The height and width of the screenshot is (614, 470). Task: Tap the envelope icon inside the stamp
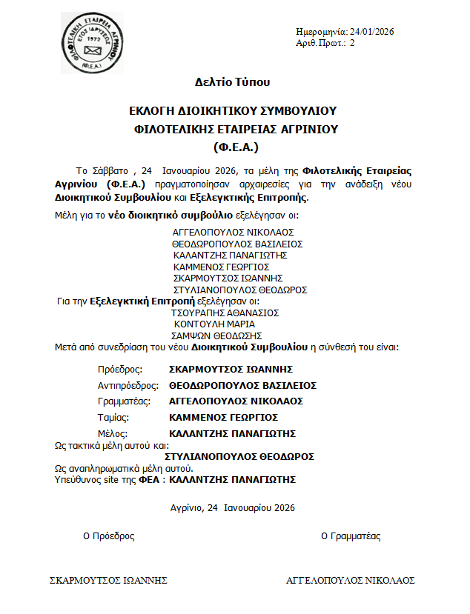tap(93, 50)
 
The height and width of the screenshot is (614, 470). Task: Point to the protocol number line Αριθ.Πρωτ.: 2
tap(325, 43)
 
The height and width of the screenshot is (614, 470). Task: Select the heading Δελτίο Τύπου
tap(232, 82)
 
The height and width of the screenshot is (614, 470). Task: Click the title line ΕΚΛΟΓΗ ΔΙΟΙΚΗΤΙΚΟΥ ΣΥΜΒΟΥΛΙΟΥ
tap(232, 111)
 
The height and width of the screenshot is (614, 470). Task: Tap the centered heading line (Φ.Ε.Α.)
tap(232, 146)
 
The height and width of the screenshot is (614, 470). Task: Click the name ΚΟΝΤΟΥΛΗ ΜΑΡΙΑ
tap(214, 324)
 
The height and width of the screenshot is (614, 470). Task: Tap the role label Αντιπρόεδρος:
tap(128, 385)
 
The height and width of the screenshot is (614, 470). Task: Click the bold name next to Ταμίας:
tap(224, 417)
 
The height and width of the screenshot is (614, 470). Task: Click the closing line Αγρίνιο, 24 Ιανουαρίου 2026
tap(232, 507)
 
